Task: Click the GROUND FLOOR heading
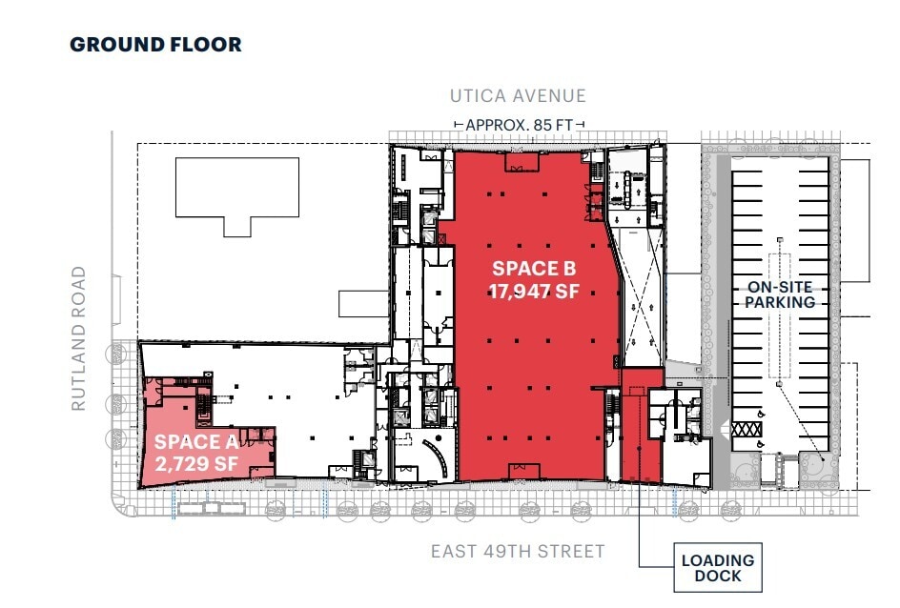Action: click(x=155, y=45)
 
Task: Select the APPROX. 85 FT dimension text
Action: click(x=520, y=125)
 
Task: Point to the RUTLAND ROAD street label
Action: click(x=78, y=339)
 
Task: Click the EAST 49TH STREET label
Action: click(x=518, y=551)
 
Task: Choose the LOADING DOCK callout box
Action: click(x=717, y=568)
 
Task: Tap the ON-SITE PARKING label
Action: click(x=781, y=294)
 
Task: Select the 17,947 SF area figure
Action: click(x=535, y=293)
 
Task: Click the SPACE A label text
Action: click(x=195, y=441)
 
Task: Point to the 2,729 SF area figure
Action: click(x=195, y=463)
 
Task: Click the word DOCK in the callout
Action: click(x=717, y=577)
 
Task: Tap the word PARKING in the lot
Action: click(x=781, y=302)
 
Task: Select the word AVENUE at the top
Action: click(x=552, y=96)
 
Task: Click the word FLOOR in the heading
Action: click(x=210, y=45)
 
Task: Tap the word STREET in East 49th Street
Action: click(x=572, y=551)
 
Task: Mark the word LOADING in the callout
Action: click(x=717, y=560)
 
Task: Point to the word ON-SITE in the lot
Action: click(x=781, y=285)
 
